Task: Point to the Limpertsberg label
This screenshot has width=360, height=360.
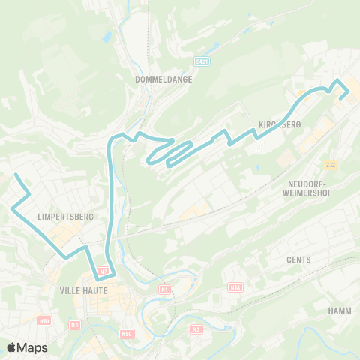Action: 65,217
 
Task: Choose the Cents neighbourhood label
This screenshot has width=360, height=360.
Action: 298,259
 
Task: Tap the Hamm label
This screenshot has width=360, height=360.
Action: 340,310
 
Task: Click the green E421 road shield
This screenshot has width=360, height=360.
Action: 200,61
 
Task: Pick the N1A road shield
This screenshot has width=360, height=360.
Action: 235,286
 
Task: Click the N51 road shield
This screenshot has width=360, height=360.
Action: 44,321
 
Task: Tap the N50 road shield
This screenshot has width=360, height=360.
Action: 126,333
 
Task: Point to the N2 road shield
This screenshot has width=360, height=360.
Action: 196,328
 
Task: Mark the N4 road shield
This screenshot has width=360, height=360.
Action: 74,324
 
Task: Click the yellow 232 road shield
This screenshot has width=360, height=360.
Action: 330,164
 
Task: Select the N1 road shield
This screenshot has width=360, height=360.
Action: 164,289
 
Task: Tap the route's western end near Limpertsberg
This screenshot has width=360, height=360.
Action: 16,175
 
